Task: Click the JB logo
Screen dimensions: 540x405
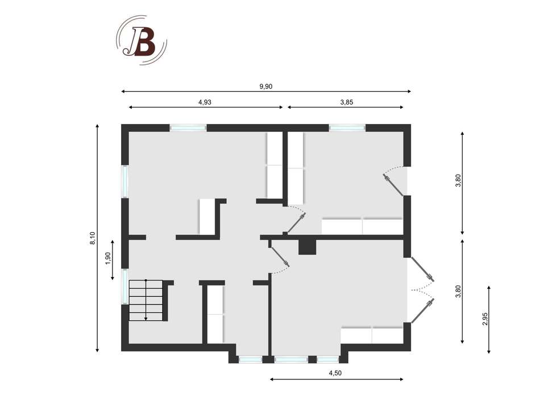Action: tap(142, 40)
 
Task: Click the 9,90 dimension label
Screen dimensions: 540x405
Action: tap(266, 86)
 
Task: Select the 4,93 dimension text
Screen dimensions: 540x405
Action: tap(205, 102)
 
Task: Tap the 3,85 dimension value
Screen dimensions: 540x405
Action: tap(347, 102)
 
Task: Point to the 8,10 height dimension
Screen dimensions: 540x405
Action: tap(93, 238)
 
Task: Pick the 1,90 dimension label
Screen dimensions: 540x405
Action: tap(108, 258)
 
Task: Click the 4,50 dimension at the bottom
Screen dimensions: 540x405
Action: tap(335, 373)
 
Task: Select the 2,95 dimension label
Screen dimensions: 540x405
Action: tap(485, 319)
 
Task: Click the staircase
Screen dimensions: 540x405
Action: tap(146, 300)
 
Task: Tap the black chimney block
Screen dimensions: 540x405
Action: tap(307, 247)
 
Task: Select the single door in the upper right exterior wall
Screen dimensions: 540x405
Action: tap(396, 181)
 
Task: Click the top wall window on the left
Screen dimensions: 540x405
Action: tap(188, 128)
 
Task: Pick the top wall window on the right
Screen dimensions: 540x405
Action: tap(347, 128)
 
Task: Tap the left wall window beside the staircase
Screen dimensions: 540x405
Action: tap(125, 287)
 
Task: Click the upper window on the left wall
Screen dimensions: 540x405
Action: tap(125, 181)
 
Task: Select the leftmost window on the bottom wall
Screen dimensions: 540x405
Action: tap(251, 360)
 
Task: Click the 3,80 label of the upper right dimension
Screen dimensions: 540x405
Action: tap(458, 181)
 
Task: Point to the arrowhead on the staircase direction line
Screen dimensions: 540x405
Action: tap(146, 319)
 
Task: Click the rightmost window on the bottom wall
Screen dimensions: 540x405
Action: tap(327, 360)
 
